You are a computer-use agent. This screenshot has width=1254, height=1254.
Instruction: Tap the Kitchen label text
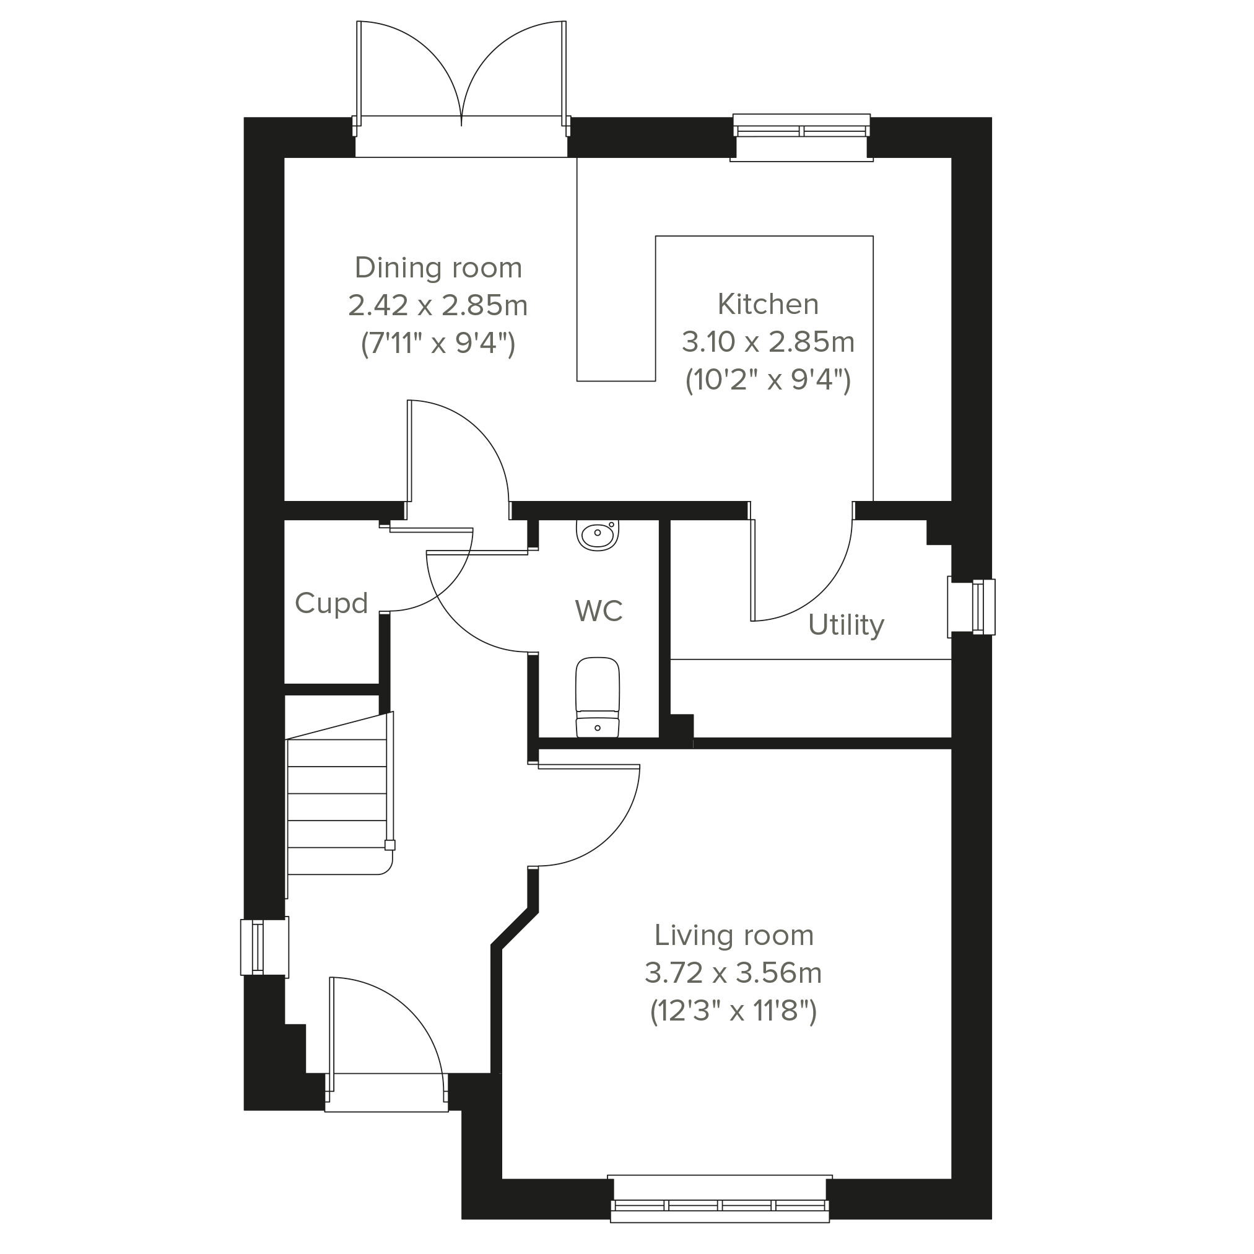tap(768, 304)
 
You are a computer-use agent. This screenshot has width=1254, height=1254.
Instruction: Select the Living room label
tap(733, 935)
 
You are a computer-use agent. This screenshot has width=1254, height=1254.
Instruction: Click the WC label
tap(598, 611)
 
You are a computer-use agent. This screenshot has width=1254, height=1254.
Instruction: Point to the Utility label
tap(846, 625)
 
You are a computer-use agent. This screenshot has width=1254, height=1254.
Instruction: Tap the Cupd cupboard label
tap(331, 604)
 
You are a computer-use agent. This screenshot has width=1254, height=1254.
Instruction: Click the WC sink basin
tap(597, 536)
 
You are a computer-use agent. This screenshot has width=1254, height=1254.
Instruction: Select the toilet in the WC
tap(597, 697)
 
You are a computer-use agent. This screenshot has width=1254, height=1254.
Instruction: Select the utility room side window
tap(972, 606)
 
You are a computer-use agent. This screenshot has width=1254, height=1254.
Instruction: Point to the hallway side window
tap(264, 947)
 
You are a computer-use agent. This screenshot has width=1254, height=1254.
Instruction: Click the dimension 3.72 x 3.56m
tap(733, 973)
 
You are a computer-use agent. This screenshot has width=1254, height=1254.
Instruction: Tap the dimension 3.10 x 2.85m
tap(768, 341)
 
